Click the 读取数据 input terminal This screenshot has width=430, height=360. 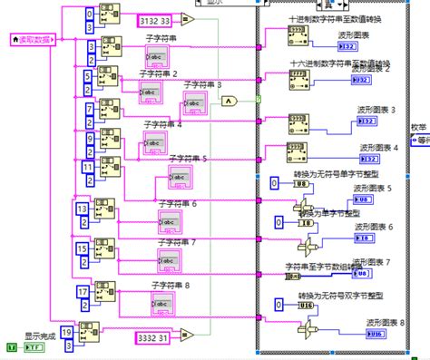click(x=34, y=40)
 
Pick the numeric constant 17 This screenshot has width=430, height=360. click(x=82, y=292)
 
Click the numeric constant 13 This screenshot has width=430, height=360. click(x=82, y=209)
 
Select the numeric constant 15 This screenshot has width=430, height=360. click(x=82, y=247)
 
